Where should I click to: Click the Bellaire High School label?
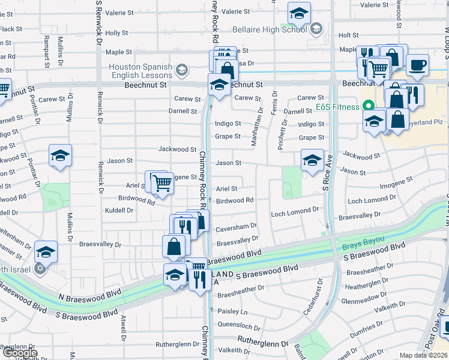pyautogui.click(x=273, y=28)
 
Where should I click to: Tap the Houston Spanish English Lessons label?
pyautogui.click(x=140, y=72)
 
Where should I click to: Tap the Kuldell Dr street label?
pyautogui.click(x=117, y=211)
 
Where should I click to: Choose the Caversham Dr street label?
pyautogui.click(x=237, y=227)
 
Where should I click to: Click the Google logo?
pyautogui.click(x=20, y=353)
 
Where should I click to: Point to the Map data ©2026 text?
pyautogui.click(x=423, y=355)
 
